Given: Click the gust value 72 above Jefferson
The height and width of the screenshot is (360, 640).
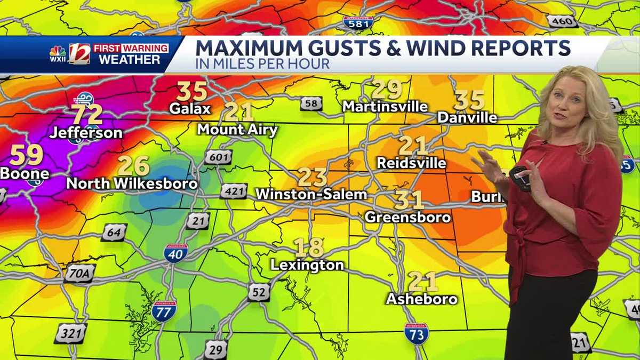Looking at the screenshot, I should [x=87, y=114].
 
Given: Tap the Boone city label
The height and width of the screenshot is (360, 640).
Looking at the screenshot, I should [x=25, y=173].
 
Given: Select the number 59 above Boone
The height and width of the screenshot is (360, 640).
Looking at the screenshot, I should [x=26, y=155].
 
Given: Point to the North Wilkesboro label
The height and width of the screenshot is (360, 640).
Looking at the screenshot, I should [x=132, y=183].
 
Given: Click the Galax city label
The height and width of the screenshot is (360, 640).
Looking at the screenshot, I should [x=190, y=108].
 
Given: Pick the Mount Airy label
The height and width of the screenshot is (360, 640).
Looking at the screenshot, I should [x=237, y=130].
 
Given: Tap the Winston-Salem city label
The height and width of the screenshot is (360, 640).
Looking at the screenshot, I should [x=311, y=194].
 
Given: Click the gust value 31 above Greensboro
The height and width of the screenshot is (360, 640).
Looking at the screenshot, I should [x=409, y=200].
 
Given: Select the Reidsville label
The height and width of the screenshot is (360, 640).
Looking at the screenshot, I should [x=411, y=163].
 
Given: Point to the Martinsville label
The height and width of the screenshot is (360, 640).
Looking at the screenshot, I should [x=385, y=106].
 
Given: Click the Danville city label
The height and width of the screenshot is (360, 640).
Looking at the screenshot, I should [x=467, y=117].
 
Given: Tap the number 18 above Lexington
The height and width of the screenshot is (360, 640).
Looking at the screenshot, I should [x=309, y=247].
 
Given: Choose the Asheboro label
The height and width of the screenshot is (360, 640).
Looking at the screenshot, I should [x=422, y=299].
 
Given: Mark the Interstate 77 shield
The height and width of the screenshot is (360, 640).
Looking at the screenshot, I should [x=163, y=310].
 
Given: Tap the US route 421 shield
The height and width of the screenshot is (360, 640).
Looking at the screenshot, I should [x=234, y=191].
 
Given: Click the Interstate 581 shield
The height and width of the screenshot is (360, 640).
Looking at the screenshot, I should [x=358, y=22].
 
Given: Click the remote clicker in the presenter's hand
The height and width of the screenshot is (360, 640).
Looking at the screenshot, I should [x=520, y=177].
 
